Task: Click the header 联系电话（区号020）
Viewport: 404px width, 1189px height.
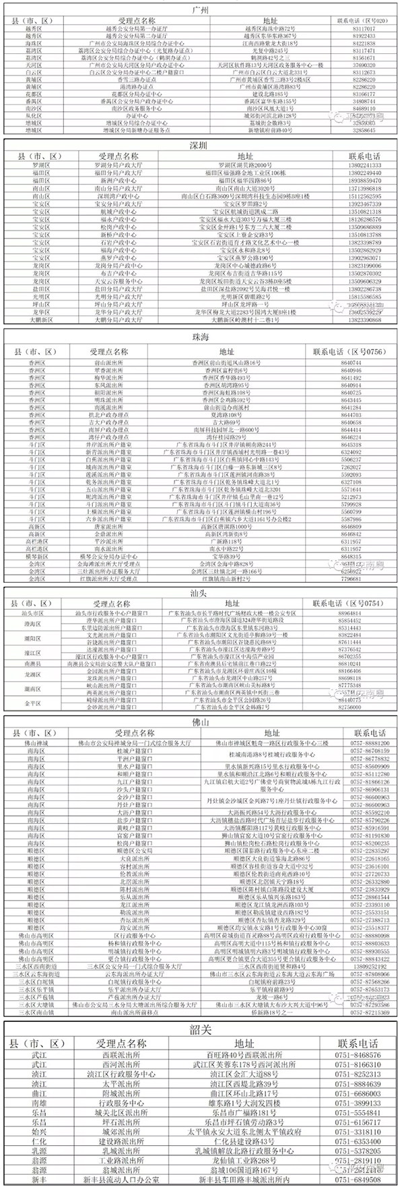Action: pos(364,22)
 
